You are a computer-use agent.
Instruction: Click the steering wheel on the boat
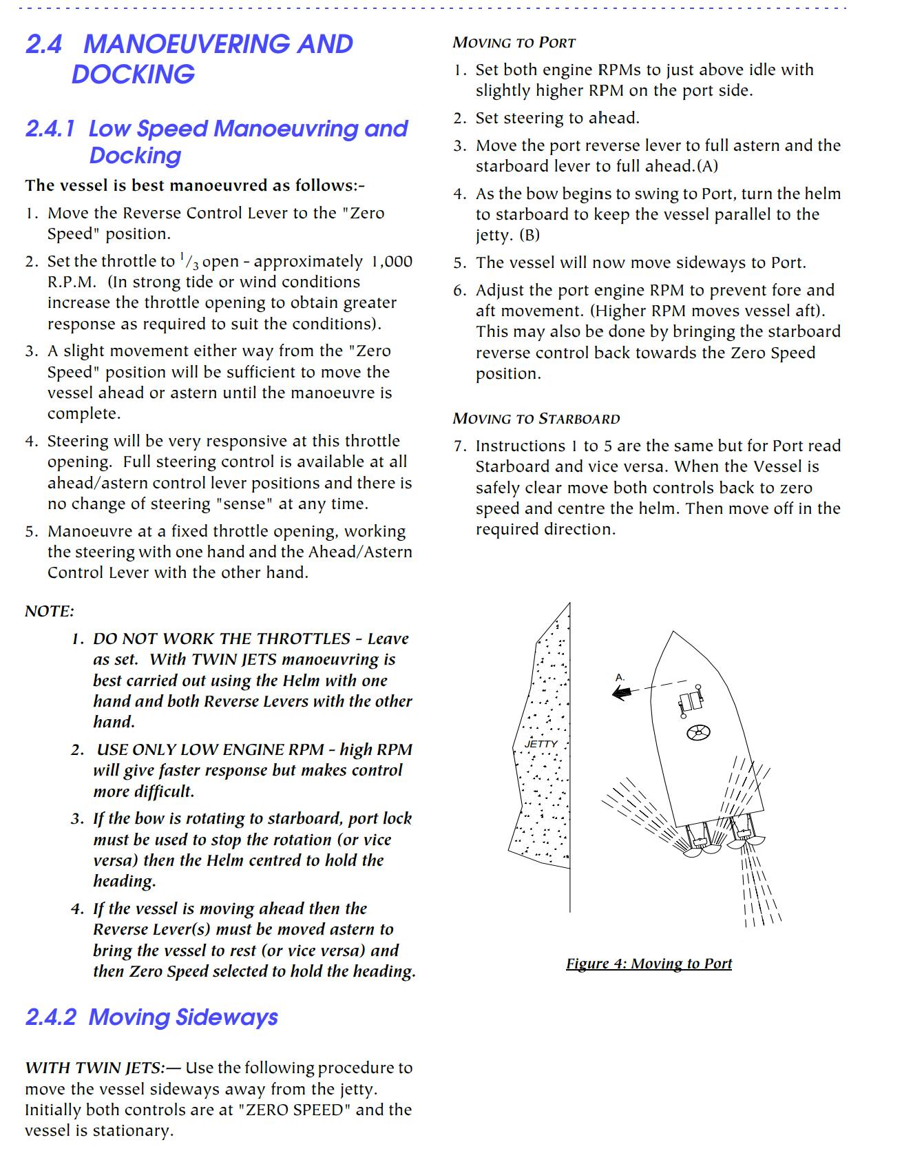coord(699,733)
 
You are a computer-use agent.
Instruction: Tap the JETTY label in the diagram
coord(541,744)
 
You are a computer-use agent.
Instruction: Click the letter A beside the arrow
coord(620,677)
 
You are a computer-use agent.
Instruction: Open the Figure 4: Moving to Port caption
coord(649,964)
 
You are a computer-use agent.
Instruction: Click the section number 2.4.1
coord(50,129)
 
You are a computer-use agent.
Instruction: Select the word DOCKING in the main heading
coord(133,74)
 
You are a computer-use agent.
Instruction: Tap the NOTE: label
coord(50,611)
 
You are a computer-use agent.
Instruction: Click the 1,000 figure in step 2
coord(392,262)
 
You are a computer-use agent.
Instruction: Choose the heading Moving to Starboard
coord(536,419)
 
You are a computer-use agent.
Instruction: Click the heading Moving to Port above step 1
coord(514,43)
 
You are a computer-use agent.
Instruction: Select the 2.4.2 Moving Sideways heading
coord(151,1017)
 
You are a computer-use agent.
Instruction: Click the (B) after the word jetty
coord(529,236)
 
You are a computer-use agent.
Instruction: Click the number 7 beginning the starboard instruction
coord(459,446)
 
